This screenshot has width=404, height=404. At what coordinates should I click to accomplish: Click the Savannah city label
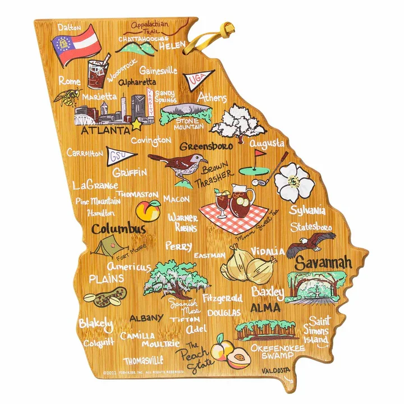pyautogui.click(x=324, y=262)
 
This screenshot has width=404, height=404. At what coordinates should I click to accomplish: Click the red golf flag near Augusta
pyautogui.click(x=259, y=153)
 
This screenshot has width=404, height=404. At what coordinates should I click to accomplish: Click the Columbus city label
pyautogui.click(x=118, y=228)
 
